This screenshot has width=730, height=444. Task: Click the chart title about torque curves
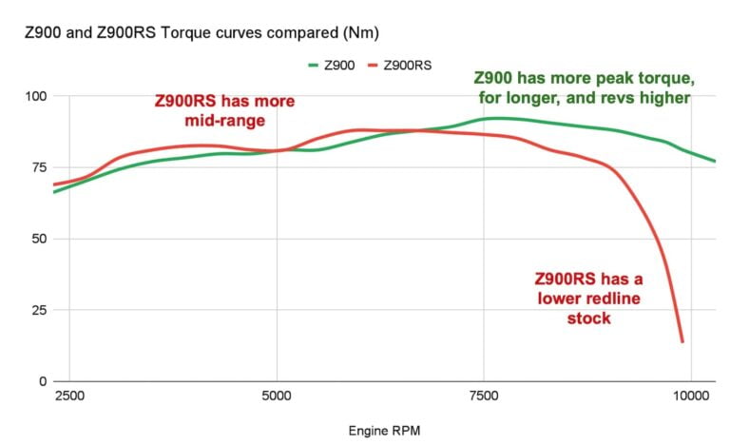[202, 33]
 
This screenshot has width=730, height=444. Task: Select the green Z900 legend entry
[334, 65]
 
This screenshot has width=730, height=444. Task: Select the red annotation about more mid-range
[224, 110]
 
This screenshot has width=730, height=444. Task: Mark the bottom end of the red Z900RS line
[682, 340]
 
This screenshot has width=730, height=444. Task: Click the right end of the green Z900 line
[715, 161]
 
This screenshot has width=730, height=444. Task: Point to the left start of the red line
[54, 184]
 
